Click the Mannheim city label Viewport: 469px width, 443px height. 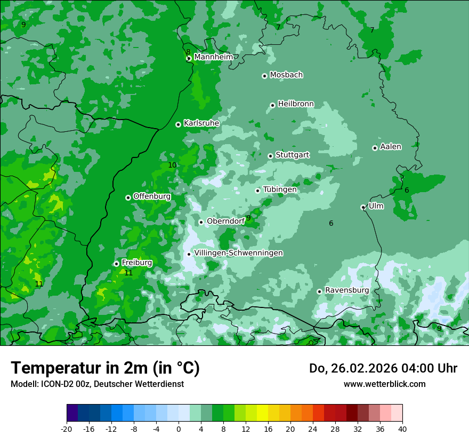213,57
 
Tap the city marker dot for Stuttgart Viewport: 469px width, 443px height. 270,156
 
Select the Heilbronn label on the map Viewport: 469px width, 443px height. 296,104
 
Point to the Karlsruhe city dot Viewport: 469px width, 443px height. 178,124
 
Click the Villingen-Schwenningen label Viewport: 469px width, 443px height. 238,253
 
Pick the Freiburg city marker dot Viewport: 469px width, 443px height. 116,264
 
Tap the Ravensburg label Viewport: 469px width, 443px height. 346,290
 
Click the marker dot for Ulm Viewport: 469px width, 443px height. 363,207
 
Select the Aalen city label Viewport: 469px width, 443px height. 391,147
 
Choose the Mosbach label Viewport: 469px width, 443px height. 286,75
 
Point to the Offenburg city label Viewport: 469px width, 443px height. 152,196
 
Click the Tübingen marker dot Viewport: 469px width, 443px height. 257,191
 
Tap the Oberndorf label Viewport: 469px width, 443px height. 225,221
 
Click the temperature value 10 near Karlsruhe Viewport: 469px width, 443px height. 172,165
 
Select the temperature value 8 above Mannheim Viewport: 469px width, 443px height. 188,52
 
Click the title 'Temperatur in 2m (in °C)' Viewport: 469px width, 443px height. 105,368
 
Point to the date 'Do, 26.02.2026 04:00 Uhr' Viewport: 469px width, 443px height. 383,368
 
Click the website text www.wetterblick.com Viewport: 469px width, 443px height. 384,384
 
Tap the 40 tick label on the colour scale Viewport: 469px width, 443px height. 402,429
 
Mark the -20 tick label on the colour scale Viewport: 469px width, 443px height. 66,429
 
